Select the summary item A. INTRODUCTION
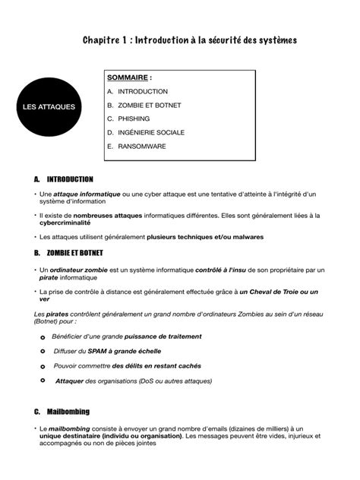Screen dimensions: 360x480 (x=132, y=91)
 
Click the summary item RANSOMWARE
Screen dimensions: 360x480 (x=141, y=146)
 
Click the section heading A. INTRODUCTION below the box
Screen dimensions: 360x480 (x=64, y=180)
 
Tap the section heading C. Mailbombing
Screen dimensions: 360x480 (x=62, y=412)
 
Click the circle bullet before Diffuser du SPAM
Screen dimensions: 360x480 (x=43, y=351)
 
